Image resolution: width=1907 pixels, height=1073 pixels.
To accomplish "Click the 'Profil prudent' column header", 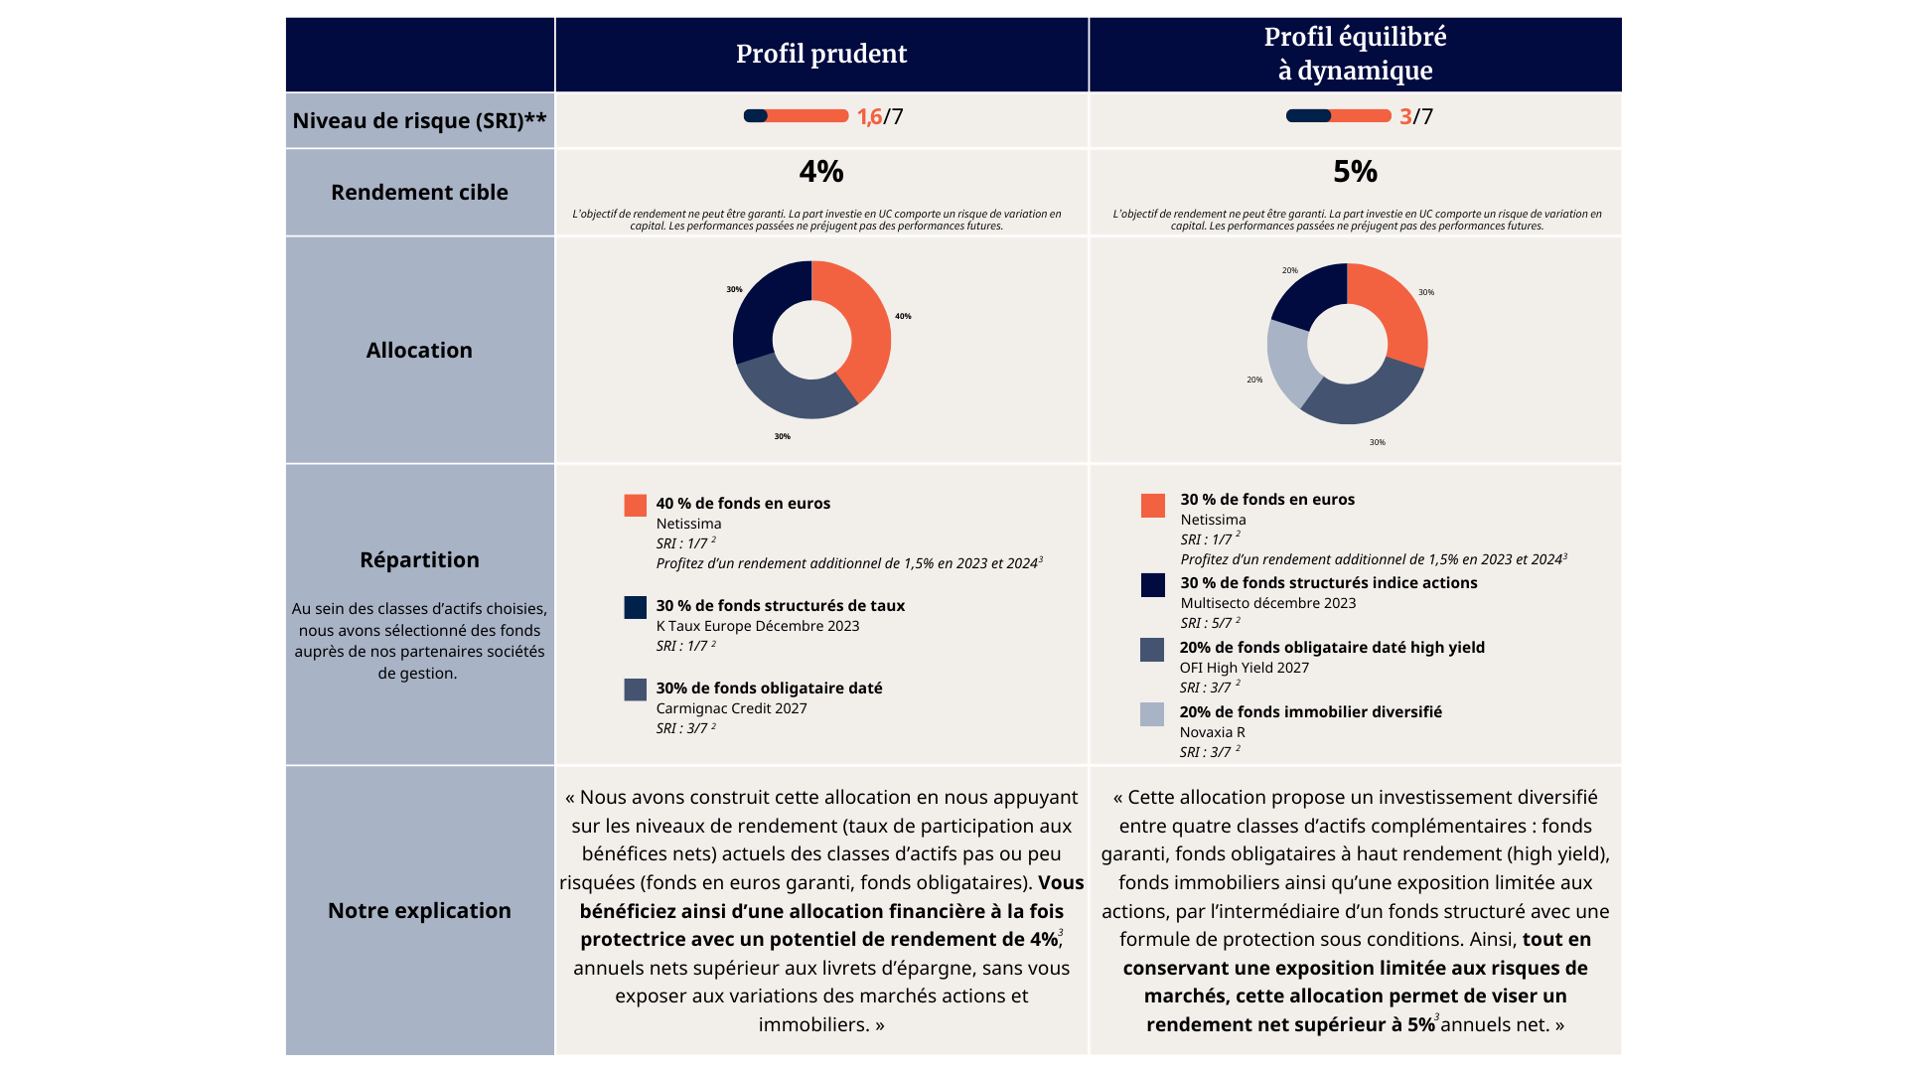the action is tap(821, 54).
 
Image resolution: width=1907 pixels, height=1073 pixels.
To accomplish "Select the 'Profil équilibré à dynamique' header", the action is tap(1355, 54).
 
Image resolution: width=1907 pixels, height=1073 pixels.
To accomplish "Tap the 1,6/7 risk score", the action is tap(880, 116).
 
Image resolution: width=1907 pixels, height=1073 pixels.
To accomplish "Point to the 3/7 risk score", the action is tap(1416, 116).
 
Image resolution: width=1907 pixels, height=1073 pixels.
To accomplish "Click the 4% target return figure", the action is tap(821, 172).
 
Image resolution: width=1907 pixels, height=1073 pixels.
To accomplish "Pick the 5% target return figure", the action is tap(1355, 172).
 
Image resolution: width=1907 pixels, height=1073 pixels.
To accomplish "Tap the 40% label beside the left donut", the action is tap(903, 316).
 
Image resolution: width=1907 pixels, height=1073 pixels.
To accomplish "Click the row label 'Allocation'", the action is tap(419, 350).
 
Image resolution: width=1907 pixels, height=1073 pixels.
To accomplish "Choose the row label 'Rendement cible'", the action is tap(419, 192).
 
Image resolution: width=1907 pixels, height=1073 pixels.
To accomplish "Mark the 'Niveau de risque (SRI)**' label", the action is tap(419, 120).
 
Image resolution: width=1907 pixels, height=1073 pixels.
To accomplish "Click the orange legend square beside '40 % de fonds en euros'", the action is tap(636, 506).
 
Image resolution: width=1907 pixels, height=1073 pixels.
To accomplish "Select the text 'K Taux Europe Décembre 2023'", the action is tap(758, 626).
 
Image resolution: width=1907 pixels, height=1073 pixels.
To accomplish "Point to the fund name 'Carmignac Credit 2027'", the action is tap(731, 708).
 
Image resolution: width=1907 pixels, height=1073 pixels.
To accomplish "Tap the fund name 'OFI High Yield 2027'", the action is tap(1245, 668).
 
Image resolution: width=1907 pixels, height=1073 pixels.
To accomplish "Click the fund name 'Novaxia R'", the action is tap(1212, 732).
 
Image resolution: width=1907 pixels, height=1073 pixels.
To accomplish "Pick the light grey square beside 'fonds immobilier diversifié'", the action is tap(1152, 714).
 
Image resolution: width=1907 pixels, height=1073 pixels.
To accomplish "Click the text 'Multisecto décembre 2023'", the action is tap(1268, 603).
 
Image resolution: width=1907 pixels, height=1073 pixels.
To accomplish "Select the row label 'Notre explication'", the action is tap(419, 910).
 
